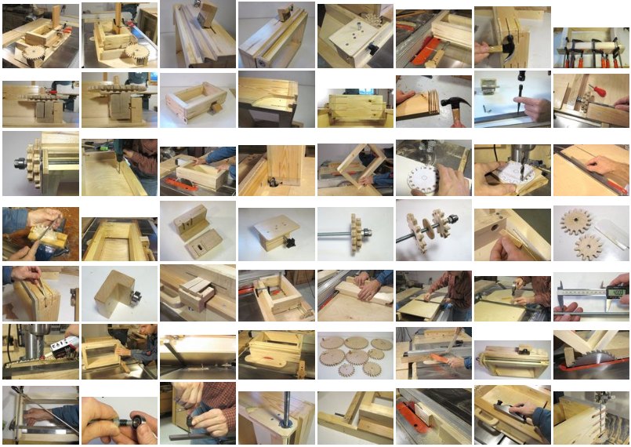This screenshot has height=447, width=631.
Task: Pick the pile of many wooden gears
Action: click(x=354, y=354)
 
